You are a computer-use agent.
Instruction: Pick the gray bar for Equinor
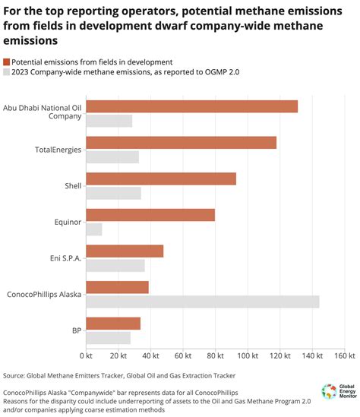coord(94,229)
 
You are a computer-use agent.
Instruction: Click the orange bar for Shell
coord(161,178)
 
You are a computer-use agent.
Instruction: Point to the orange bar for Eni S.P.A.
coord(125,251)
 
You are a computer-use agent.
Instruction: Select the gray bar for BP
coord(109,338)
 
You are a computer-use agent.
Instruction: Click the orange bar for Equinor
coord(150,215)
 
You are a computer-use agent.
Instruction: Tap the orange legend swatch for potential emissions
coord(7,61)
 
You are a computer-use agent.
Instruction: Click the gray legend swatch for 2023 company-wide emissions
coord(7,72)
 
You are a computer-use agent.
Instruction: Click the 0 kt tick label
coord(86,355)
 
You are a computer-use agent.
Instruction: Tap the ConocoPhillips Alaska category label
coord(43,294)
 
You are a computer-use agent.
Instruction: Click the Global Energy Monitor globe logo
coord(329,391)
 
